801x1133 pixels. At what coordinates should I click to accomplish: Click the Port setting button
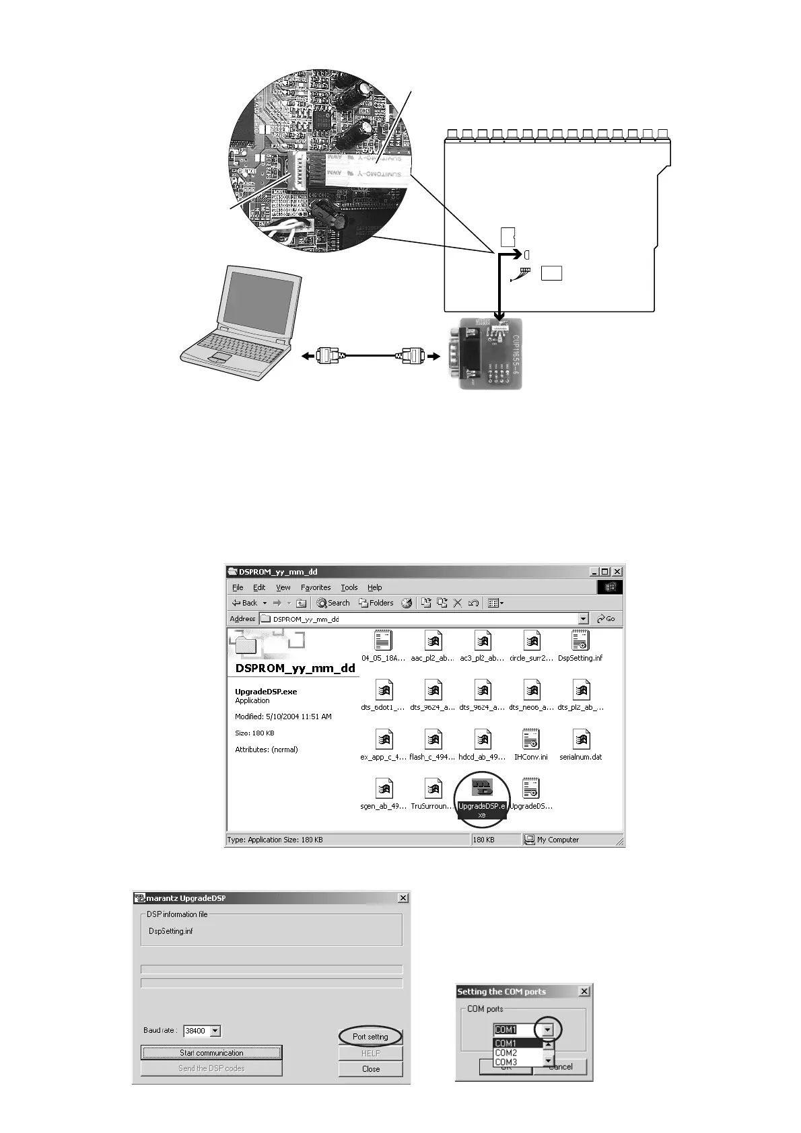tap(370, 1037)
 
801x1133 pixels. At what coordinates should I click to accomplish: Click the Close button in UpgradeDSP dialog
tap(370, 1069)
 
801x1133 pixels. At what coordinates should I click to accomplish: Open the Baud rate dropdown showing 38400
tap(215, 1031)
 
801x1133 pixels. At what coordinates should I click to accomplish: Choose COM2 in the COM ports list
tap(506, 1053)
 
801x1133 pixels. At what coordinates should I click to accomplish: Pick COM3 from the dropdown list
tap(506, 1062)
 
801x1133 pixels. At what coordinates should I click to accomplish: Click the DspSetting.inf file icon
tap(580, 641)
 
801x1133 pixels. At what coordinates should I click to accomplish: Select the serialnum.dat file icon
tap(580, 740)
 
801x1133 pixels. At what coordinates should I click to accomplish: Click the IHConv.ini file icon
tap(530, 740)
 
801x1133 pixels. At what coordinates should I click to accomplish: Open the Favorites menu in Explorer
tap(315, 587)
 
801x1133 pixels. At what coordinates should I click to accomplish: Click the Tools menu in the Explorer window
tap(349, 587)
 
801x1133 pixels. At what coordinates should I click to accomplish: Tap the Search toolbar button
tap(333, 603)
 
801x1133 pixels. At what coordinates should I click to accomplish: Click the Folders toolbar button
tap(376, 603)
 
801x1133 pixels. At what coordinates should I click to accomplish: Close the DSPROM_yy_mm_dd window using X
tap(617, 572)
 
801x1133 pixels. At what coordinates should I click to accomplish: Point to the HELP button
tap(370, 1053)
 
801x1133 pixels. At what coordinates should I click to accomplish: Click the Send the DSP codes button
tap(211, 1068)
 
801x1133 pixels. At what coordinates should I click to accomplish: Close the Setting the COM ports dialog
tap(584, 991)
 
